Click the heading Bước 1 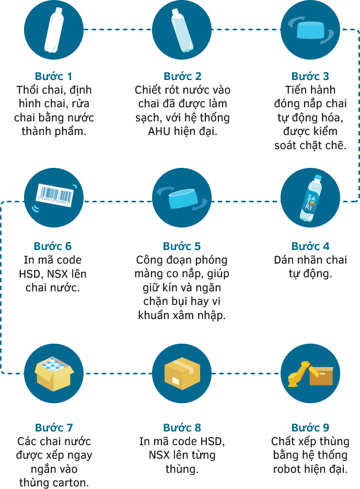pos(53,77)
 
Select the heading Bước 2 pos(182,77)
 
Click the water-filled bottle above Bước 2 pos(182,30)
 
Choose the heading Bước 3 pos(310,77)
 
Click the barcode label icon pos(55,195)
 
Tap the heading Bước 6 pos(53,246)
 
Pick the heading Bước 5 pos(182,246)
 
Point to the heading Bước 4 pos(310,246)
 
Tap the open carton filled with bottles pos(54,373)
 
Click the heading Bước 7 pos(54,428)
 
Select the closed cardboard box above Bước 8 pos(182,373)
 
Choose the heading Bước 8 pos(182,428)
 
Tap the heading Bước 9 pos(310,428)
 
